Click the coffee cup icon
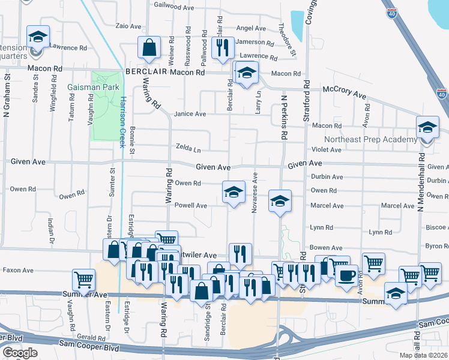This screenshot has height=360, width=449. point(347,276)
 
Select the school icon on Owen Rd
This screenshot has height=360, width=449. point(234,192)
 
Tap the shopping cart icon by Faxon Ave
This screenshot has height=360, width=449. point(83,279)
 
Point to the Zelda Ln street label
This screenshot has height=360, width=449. point(188,146)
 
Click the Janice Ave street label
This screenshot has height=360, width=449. point(190,114)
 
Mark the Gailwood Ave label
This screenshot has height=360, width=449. point(174,8)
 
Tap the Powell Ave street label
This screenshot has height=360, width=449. point(190,205)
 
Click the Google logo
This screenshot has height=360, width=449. point(20,353)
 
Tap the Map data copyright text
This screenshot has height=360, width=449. point(423,355)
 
